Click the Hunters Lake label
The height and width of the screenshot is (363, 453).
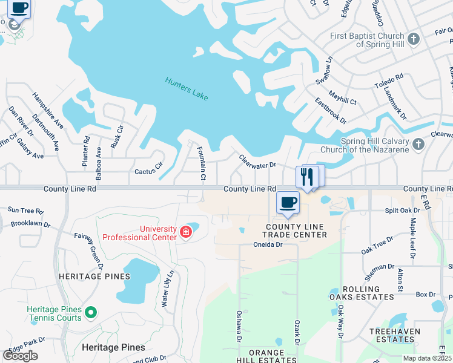point(187,88)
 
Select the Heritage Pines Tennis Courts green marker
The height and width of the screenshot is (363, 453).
point(91,313)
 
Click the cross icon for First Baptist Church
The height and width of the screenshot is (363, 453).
point(414,40)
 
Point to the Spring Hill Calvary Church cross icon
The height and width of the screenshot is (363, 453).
point(418,145)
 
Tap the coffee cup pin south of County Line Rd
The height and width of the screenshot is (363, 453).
point(288,203)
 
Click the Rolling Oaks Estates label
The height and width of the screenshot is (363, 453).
point(360,293)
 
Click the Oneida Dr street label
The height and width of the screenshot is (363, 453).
point(268,244)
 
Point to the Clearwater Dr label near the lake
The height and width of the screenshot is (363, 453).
point(257,161)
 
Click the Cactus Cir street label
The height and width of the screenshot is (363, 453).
point(149,168)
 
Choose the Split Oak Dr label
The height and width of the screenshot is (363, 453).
point(403,211)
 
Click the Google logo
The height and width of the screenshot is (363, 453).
point(20,355)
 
